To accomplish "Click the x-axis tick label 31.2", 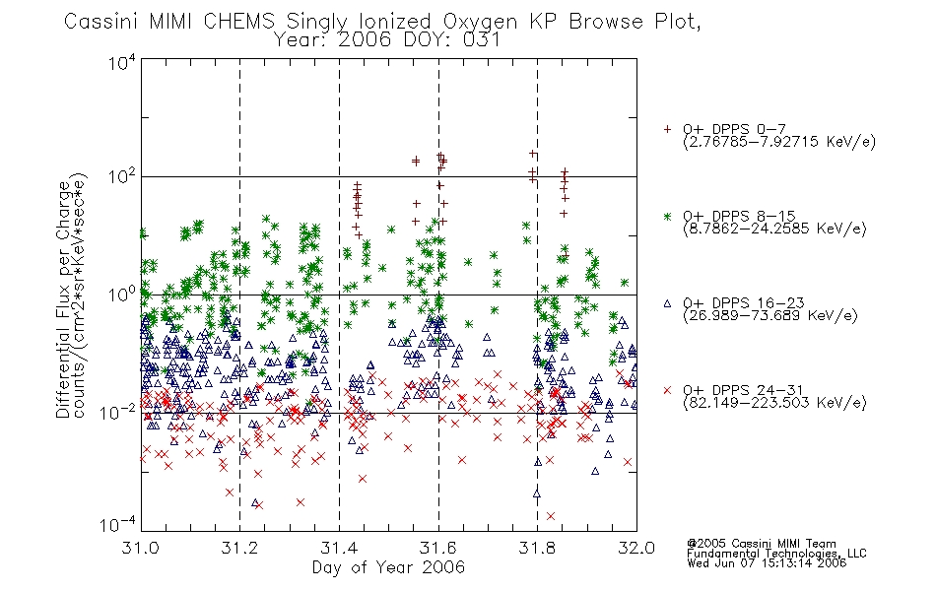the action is point(238,548).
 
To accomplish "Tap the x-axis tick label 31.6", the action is point(438,548).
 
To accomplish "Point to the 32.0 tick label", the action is point(636,548).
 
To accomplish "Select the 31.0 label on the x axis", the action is point(140,548).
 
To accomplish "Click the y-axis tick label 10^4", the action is point(122,62).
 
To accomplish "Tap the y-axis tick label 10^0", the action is point(122,295).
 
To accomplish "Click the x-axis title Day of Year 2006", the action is point(388,567).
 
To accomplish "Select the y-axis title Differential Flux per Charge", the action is point(63,299).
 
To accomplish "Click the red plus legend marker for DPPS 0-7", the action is point(667,129).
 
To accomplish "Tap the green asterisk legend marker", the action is point(667,216).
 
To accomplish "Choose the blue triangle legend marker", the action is point(667,303).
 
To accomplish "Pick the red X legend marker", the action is point(667,390).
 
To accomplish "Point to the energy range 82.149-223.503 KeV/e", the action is point(774,403).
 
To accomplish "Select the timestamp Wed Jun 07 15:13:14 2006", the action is point(767,563).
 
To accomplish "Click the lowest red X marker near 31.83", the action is point(551,516).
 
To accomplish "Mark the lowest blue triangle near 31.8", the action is point(537,493).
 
